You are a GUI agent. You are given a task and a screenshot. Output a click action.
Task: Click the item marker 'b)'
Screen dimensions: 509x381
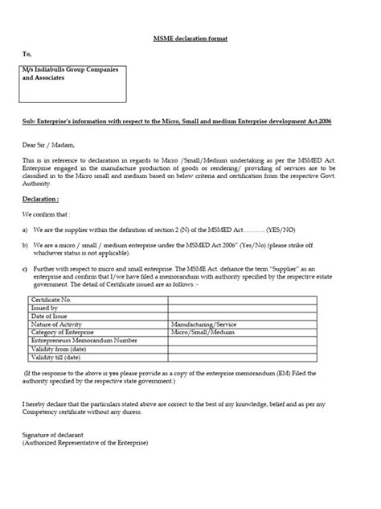tap(26, 244)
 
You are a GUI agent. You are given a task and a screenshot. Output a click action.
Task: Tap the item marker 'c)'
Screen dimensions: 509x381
tap(26, 266)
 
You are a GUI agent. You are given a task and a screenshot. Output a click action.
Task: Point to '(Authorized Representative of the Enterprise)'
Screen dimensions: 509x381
tap(85, 442)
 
